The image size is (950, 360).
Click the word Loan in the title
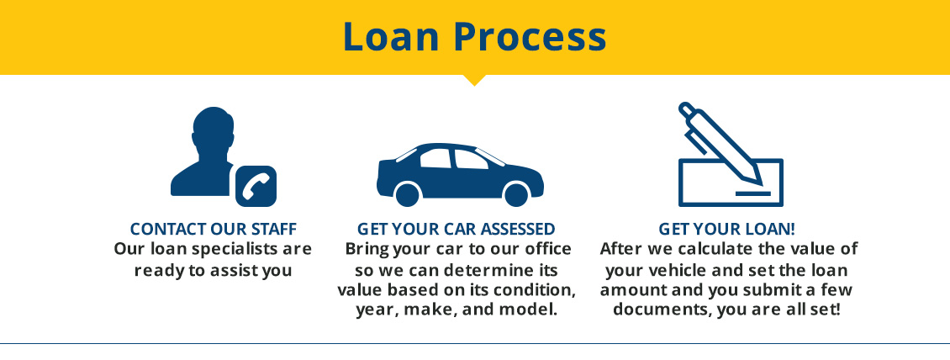[391, 37]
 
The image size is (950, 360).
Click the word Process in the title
[530, 37]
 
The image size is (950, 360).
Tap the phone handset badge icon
[256, 186]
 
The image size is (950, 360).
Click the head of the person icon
[213, 128]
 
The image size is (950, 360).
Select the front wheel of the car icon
[515, 194]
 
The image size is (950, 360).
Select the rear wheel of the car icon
[407, 194]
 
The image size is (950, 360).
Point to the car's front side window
[471, 160]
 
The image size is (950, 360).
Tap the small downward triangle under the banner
[474, 80]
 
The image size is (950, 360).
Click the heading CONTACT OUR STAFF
[214, 229]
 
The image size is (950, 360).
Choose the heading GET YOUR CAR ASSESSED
[457, 229]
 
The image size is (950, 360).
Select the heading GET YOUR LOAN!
[727, 229]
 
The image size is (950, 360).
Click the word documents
[662, 310]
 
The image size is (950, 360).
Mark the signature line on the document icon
[753, 193]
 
